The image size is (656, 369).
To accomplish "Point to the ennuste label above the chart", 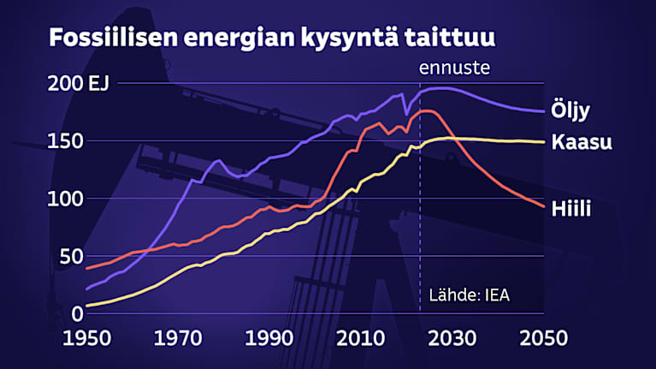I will click(x=453, y=68).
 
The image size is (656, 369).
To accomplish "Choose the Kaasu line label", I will click(x=581, y=143).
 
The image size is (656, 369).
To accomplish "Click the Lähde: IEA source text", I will click(x=472, y=296).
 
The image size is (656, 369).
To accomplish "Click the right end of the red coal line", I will click(x=543, y=206).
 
